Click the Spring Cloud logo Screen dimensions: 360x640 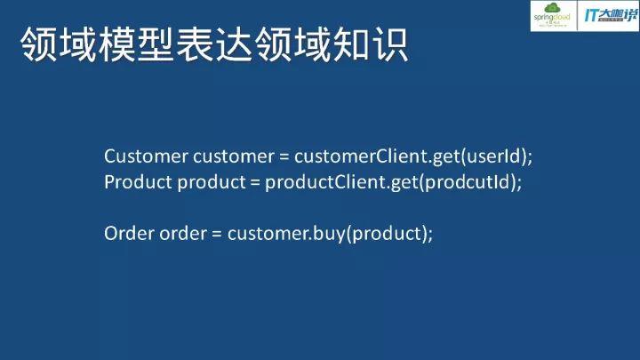coord(553,17)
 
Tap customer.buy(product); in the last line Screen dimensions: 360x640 coord(330,234)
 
